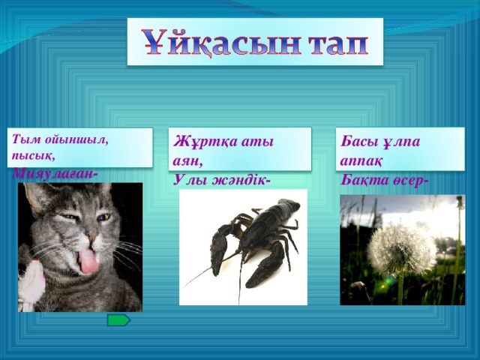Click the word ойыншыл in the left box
coord(72,139)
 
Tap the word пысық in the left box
coord(31,157)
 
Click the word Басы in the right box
coord(360,142)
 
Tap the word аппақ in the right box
coord(361,160)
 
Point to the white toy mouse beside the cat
coord(30,289)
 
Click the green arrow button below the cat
coord(118,320)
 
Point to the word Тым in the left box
coord(19,139)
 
